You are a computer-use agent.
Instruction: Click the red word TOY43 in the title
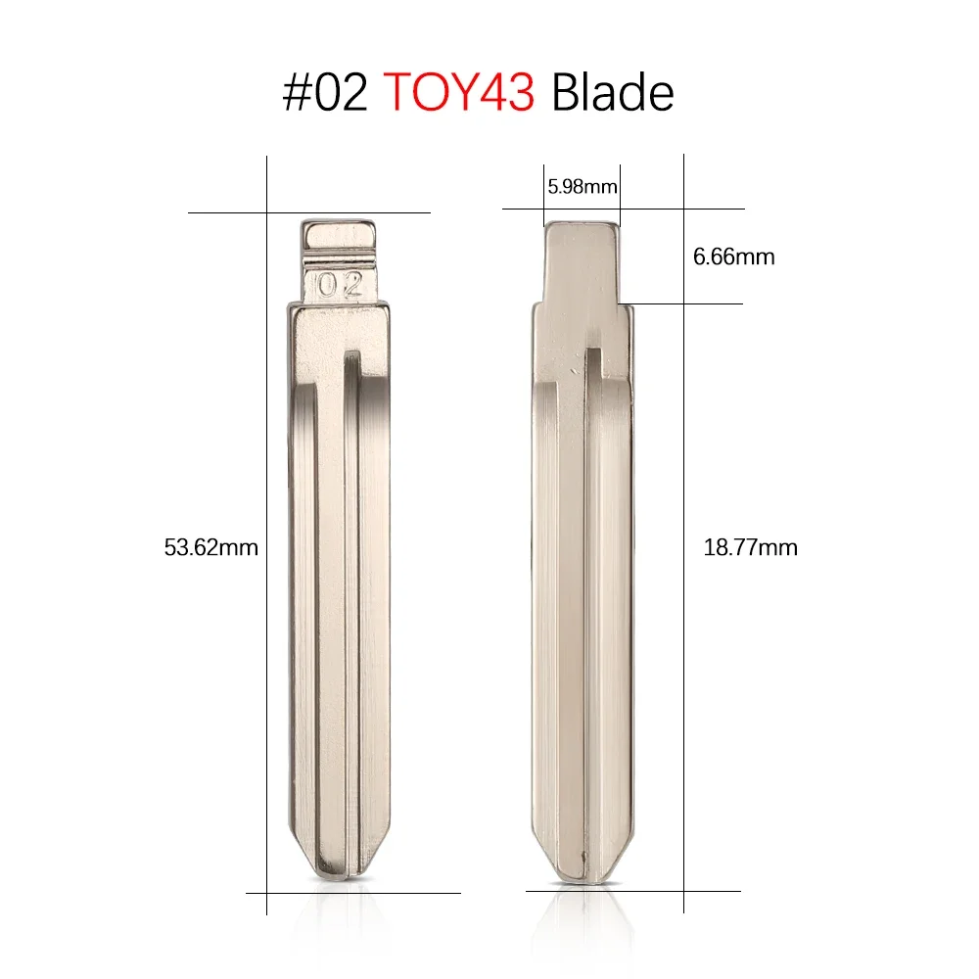pyautogui.click(x=458, y=93)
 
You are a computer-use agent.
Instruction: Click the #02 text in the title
pyautogui.click(x=327, y=93)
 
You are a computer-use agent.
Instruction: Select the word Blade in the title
pyautogui.click(x=612, y=93)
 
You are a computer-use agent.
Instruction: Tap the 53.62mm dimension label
pyautogui.click(x=211, y=548)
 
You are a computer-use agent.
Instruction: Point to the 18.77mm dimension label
pyautogui.click(x=751, y=548)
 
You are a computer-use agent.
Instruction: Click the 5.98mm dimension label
pyautogui.click(x=583, y=186)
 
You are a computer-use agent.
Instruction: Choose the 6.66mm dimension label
pyautogui.click(x=733, y=257)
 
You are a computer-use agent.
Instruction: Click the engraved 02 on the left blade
pyautogui.click(x=339, y=285)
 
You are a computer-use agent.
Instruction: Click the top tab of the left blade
pyautogui.click(x=339, y=237)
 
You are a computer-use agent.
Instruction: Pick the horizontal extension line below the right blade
pyautogui.click(x=685, y=891)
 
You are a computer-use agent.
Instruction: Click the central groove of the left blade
pyautogui.click(x=350, y=587)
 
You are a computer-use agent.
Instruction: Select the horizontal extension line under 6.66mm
pyautogui.click(x=695, y=303)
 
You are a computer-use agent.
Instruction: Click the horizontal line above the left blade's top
pyautogui.click(x=392, y=212)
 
